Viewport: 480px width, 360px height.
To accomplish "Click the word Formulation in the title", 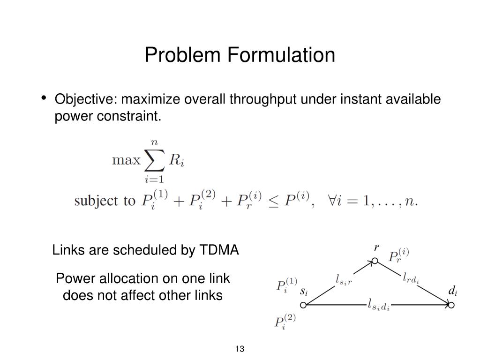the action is point(281,55).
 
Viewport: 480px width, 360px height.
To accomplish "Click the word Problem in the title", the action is point(183,55).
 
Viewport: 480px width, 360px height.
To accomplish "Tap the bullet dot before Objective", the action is point(44,98).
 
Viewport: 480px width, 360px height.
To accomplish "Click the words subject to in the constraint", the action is point(104,201).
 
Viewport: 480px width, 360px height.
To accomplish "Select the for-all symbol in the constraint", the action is point(321,201).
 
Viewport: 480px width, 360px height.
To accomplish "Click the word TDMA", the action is point(219,250).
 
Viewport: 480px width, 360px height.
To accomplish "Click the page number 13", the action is point(240,349).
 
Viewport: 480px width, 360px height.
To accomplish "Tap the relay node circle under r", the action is point(375,260).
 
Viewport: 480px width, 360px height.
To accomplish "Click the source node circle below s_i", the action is point(303,305).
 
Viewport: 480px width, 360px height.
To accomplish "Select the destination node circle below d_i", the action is point(451,305).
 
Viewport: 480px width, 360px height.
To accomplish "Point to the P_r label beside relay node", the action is point(399,256).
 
